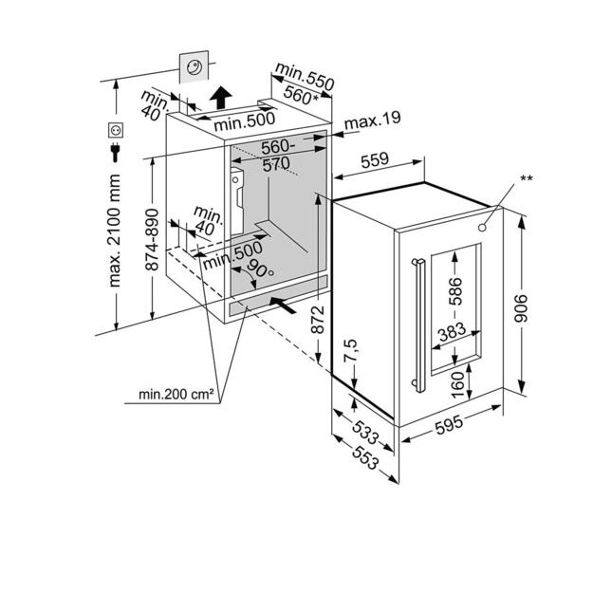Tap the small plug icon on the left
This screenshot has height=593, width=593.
click(x=117, y=153)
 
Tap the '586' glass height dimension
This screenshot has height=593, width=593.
click(x=458, y=290)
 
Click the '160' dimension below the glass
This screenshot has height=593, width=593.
click(x=458, y=383)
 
